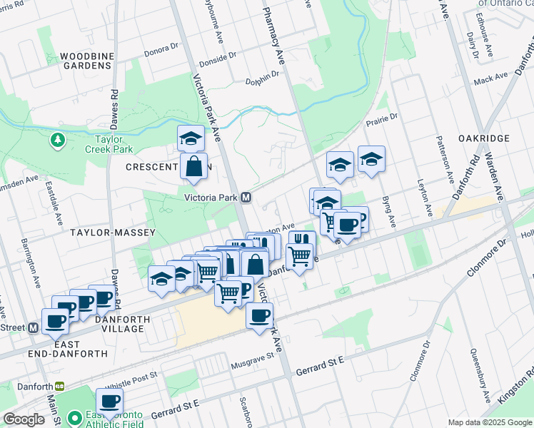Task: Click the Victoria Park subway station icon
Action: point(246,198)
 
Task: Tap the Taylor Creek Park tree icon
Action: point(56,140)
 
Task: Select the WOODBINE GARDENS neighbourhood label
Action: point(86,61)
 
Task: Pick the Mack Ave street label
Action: point(490,79)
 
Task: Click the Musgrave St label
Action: point(253,364)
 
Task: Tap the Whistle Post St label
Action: point(129,377)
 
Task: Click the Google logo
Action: point(24,419)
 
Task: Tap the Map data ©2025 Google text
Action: point(489,422)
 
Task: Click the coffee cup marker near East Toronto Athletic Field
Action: point(109,402)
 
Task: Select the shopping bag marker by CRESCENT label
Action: point(193,167)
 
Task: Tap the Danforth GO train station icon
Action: point(60,386)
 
